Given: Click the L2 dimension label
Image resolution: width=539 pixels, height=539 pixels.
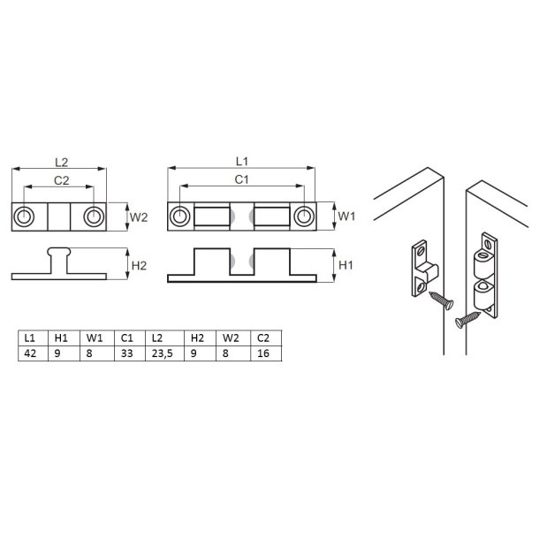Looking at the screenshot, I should (60, 162).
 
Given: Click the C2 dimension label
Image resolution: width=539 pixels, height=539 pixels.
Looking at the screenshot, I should (60, 179).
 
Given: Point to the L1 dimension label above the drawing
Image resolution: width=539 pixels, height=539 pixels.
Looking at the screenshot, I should (240, 162).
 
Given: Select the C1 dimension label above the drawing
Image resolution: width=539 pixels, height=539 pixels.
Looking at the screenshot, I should (240, 179).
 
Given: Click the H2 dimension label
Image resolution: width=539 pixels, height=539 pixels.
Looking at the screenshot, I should (140, 263).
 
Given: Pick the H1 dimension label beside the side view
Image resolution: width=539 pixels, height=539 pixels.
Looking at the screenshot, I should (346, 264).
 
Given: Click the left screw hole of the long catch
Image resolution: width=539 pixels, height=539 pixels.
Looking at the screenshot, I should (180, 216).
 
